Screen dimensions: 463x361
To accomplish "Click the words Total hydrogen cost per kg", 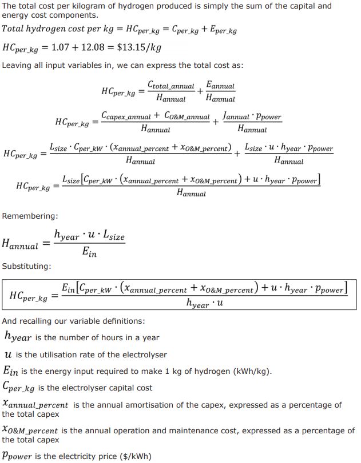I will coord(50,29).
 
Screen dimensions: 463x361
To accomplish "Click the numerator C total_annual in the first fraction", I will coord(170,86).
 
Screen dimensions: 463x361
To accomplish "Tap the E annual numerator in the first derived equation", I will coord(220,86).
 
